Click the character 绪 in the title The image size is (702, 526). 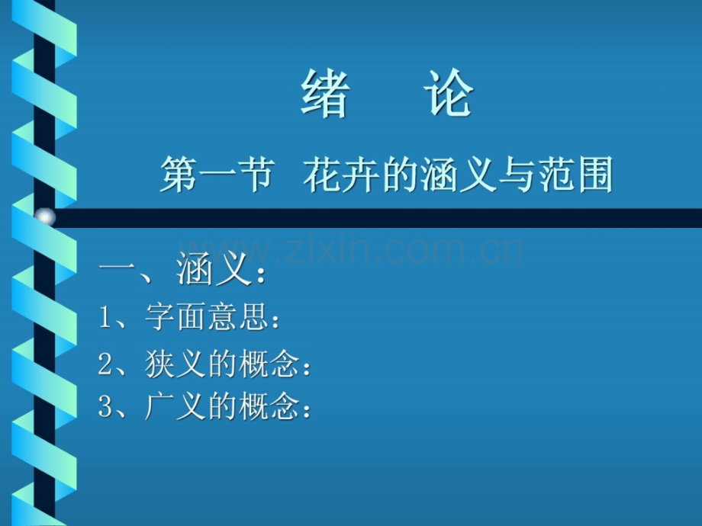325,95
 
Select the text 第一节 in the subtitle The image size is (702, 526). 216,177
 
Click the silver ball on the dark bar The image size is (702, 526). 45,217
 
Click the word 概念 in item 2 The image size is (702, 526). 274,366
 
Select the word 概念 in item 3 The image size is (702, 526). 274,407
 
